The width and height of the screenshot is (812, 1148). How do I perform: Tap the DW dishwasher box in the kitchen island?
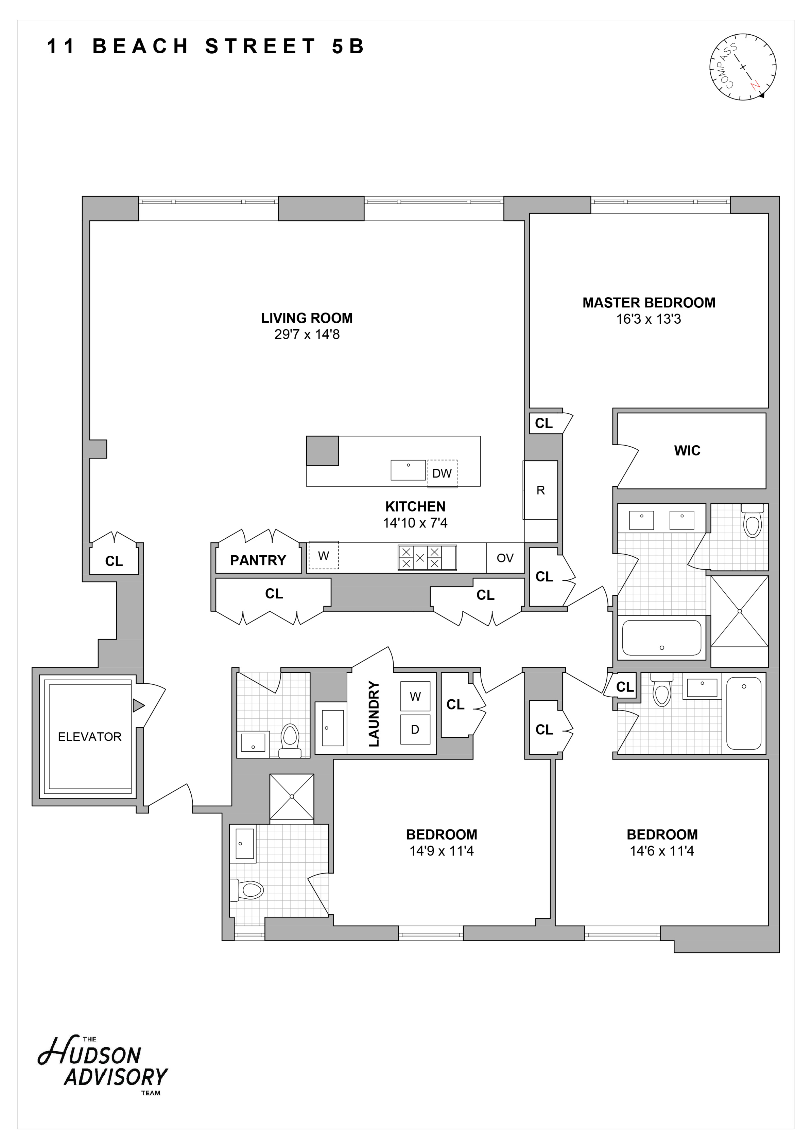coord(442,473)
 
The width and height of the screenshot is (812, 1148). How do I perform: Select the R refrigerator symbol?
coord(540,490)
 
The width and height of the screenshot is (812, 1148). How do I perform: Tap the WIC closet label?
coord(687,450)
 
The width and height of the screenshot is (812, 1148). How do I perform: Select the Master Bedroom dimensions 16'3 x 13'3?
coord(649,319)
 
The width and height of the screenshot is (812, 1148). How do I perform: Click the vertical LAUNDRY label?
coord(374,714)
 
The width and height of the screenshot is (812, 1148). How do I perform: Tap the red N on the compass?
coord(755,86)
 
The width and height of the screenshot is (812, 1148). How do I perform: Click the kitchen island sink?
coord(408,470)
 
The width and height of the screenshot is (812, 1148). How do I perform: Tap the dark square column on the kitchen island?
coord(322,450)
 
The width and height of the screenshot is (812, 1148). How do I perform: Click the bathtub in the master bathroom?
coord(661,638)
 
